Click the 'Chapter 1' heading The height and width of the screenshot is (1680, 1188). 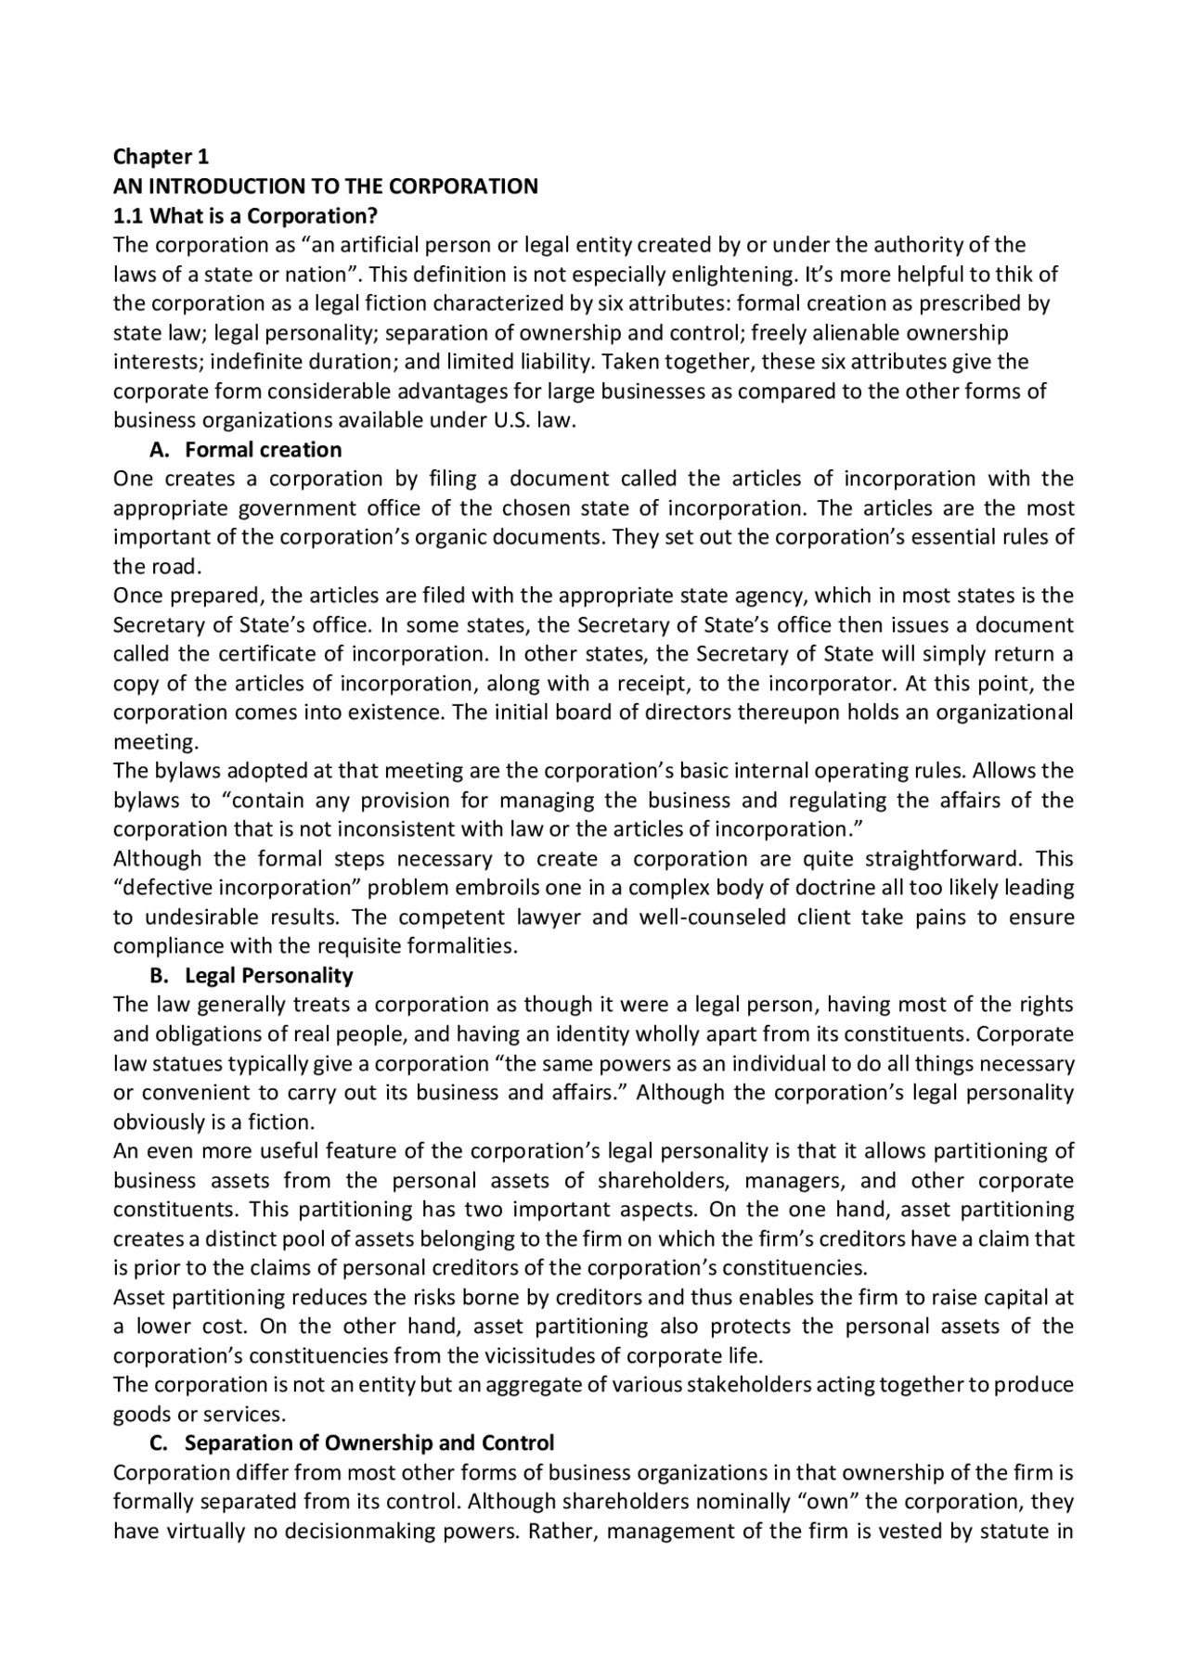pyautogui.click(x=161, y=157)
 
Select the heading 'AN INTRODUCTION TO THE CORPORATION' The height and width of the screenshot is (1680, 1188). pyautogui.click(x=325, y=186)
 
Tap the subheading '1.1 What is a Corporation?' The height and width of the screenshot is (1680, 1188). pyautogui.click(x=245, y=216)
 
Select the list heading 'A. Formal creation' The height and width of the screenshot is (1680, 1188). pyautogui.click(x=245, y=450)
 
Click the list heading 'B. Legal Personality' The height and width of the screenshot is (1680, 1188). pyautogui.click(x=251, y=976)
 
